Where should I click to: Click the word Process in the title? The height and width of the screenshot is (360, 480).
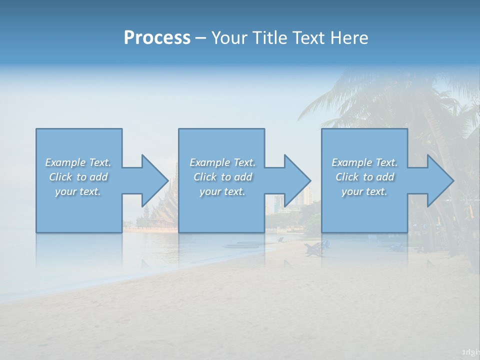pos(157,37)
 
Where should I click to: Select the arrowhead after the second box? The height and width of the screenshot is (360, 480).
pos(296,180)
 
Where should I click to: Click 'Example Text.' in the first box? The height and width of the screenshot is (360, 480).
pos(78,162)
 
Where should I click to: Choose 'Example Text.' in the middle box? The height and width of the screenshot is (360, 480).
pos(222,162)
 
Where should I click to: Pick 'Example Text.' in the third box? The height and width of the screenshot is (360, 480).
pos(364,162)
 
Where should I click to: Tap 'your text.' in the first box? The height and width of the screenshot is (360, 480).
pos(78,191)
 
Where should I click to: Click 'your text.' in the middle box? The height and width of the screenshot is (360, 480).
pos(222,191)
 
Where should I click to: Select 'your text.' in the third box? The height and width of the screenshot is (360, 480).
pos(364,191)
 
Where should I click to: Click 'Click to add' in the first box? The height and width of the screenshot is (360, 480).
pos(78,177)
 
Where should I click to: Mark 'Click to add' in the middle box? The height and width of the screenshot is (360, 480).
pos(222,177)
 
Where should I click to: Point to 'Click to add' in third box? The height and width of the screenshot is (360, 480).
pos(364,177)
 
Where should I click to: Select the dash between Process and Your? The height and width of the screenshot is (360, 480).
pos(200,38)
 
